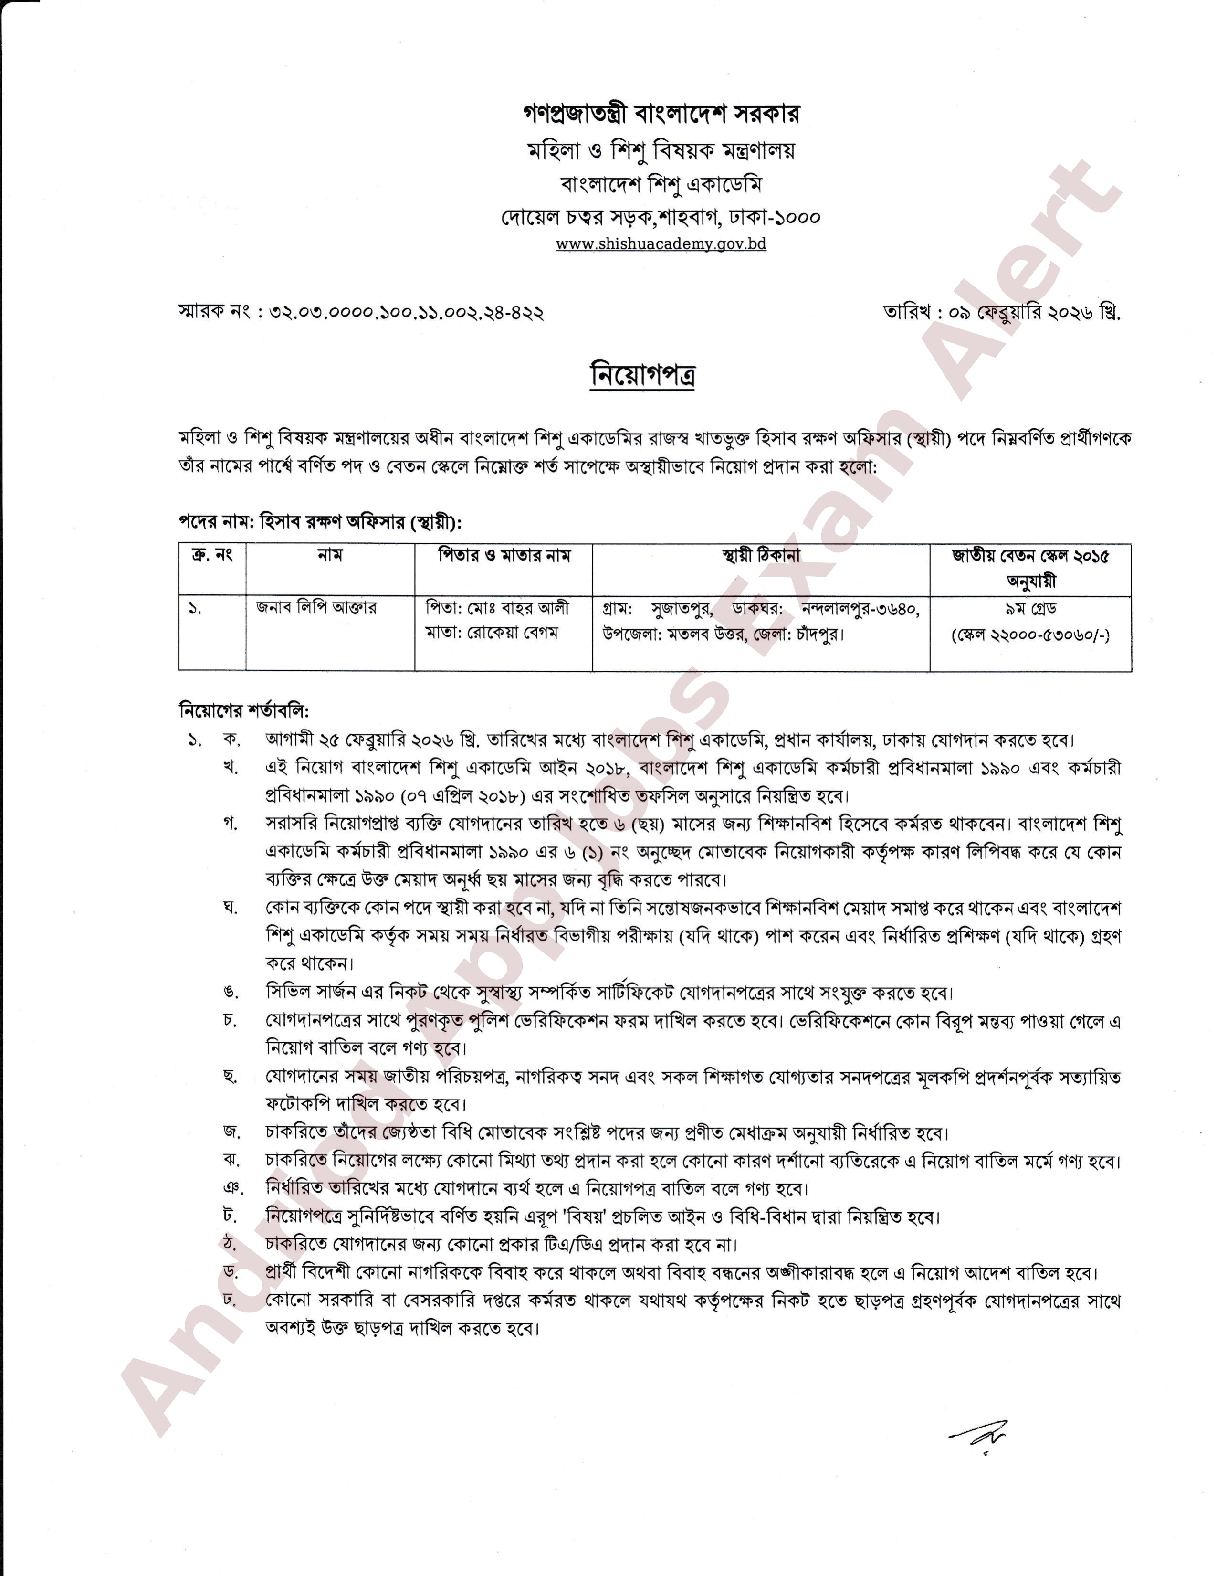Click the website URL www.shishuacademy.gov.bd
tap(660, 244)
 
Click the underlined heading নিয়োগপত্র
tap(642, 374)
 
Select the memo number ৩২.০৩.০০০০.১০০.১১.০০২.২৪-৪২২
tap(406, 312)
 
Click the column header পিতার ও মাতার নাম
tap(504, 556)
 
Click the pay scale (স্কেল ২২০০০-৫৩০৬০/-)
tap(1030, 635)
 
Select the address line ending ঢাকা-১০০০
tap(660, 216)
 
